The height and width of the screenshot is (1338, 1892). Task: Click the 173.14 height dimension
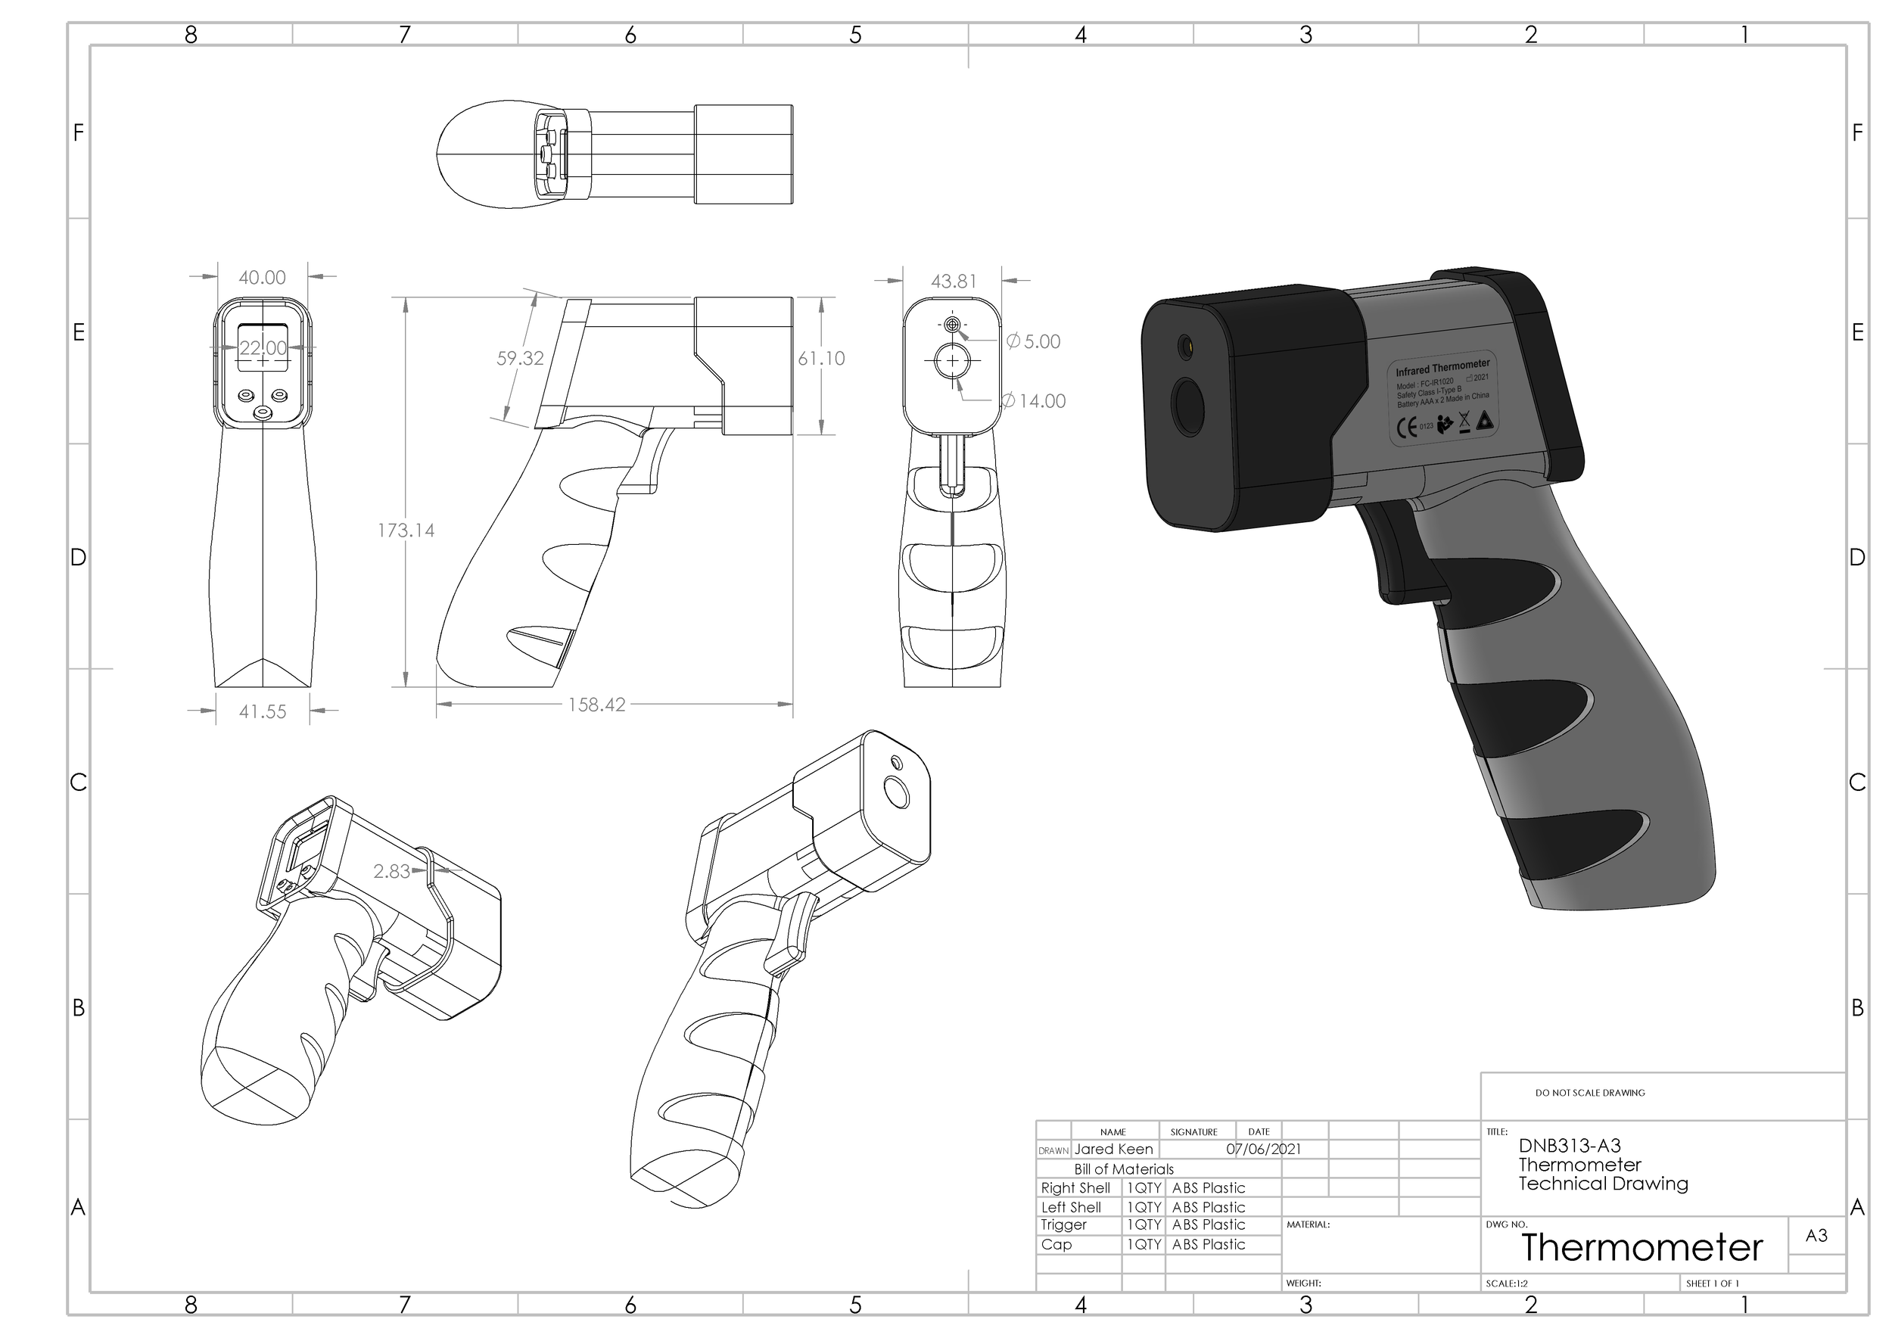[x=406, y=531]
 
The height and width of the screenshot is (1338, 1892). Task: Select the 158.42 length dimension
[x=596, y=705]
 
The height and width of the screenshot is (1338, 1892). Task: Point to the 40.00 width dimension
[x=262, y=278]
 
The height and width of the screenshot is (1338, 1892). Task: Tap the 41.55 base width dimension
[x=263, y=712]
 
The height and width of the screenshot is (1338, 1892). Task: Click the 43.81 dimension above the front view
[x=954, y=282]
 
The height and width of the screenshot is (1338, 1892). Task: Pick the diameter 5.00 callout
[x=1035, y=342]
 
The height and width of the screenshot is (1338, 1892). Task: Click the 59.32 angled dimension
[x=520, y=359]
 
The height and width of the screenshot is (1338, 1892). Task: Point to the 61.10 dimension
[x=820, y=359]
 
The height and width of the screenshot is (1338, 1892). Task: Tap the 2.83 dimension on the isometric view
[x=391, y=872]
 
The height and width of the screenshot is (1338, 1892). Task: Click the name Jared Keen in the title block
[x=1113, y=1150]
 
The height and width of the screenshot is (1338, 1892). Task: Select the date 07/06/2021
[x=1263, y=1150]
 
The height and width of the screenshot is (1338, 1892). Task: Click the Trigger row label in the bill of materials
[x=1063, y=1225]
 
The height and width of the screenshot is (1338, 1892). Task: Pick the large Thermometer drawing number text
[x=1641, y=1248]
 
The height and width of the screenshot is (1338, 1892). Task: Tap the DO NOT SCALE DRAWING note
[x=1589, y=1094]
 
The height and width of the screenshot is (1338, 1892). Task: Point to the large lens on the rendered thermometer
[x=1189, y=407]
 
